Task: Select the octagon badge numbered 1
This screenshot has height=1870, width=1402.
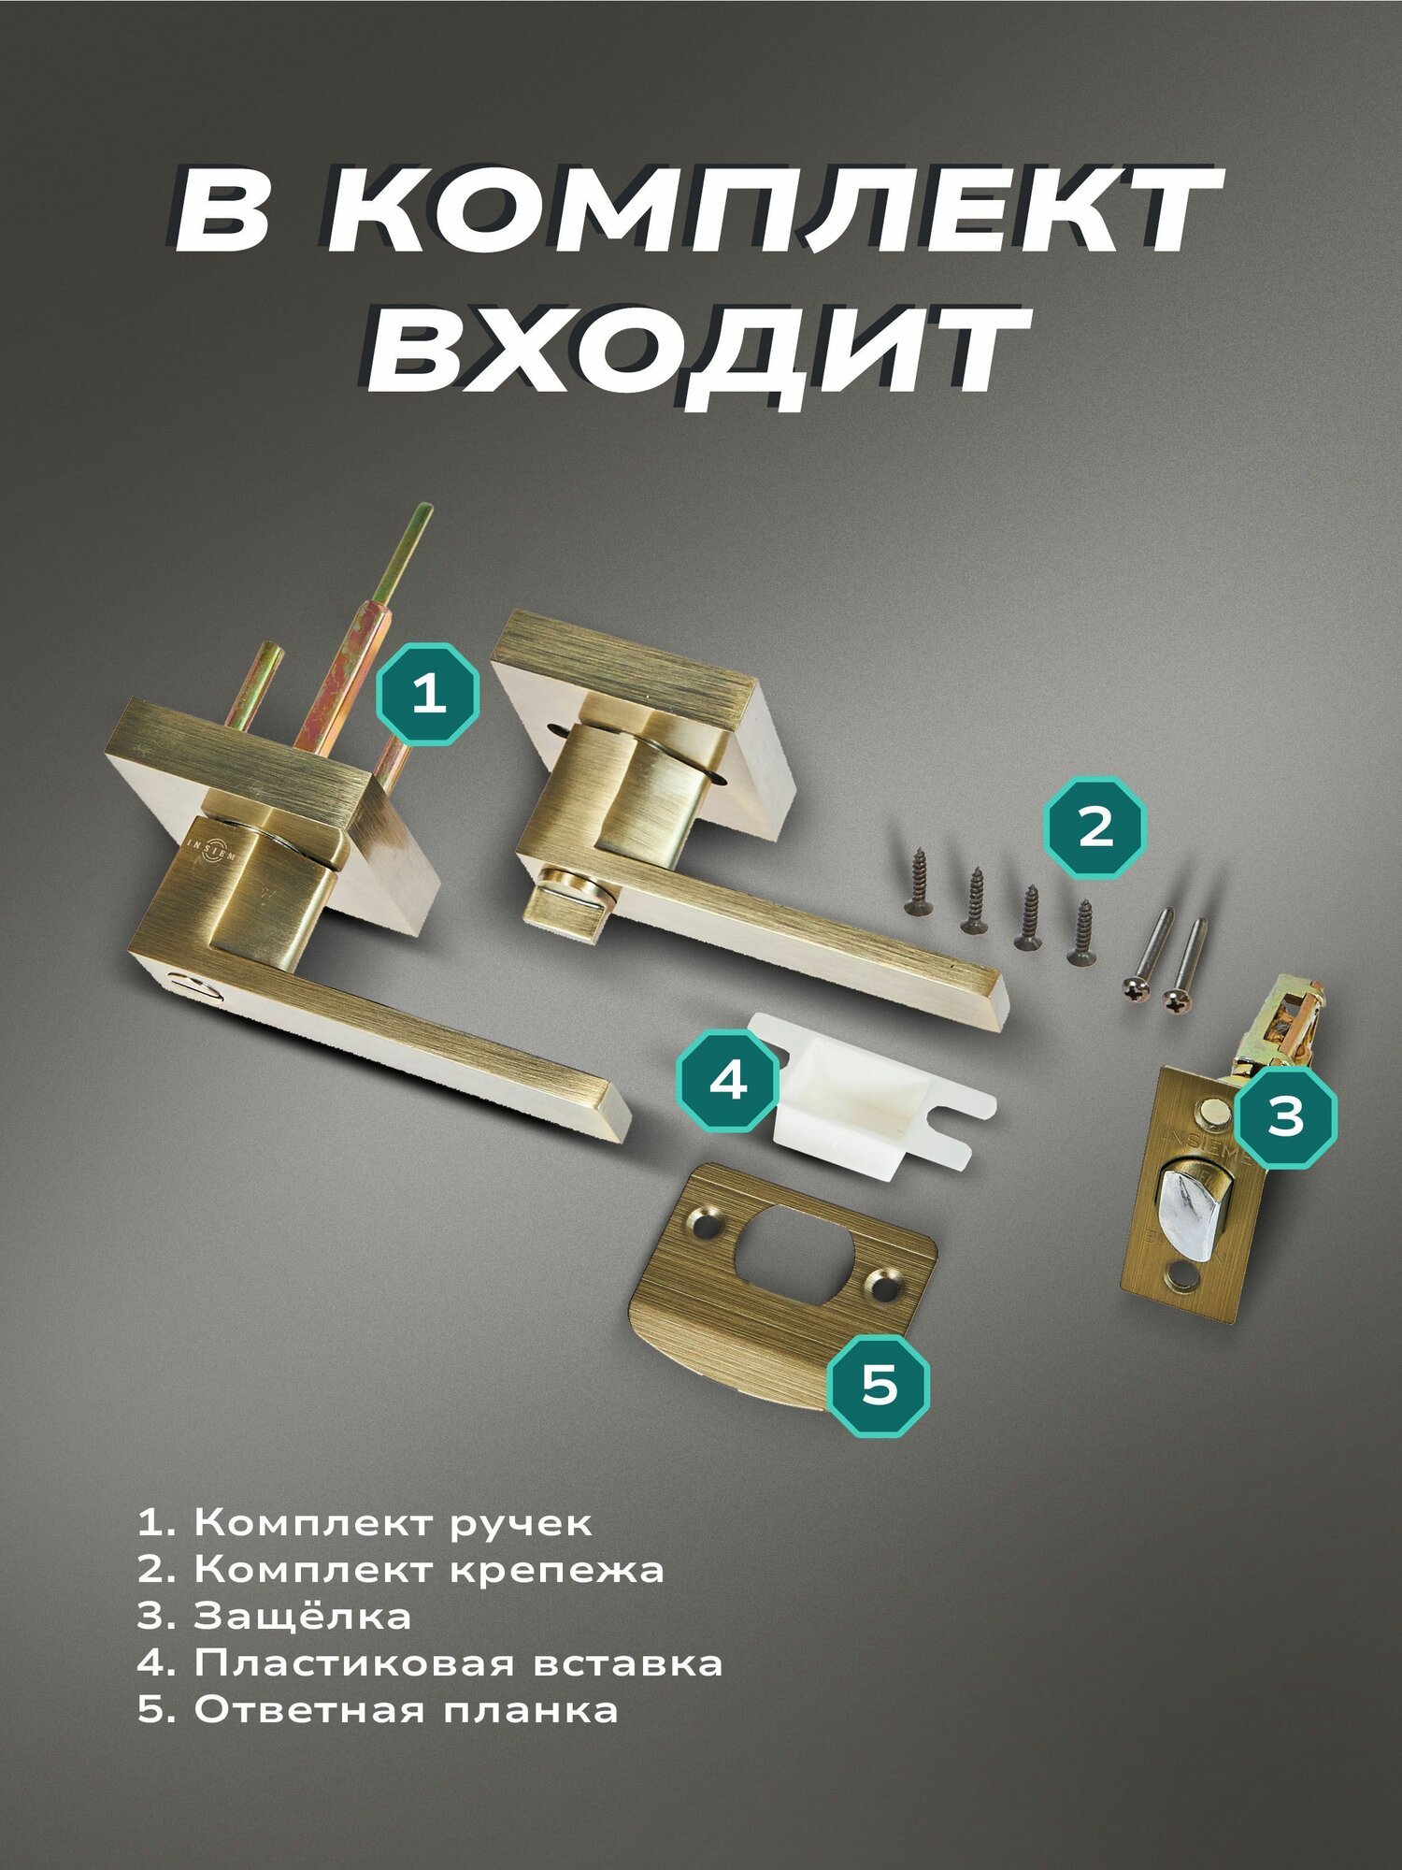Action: click(x=428, y=694)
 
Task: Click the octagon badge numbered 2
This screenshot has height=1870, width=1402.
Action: click(x=1095, y=827)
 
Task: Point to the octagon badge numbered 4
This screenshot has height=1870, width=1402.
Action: click(x=728, y=1081)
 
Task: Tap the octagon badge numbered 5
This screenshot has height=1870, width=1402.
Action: click(x=880, y=1385)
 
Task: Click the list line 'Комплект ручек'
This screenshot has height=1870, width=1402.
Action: click(x=365, y=1524)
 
